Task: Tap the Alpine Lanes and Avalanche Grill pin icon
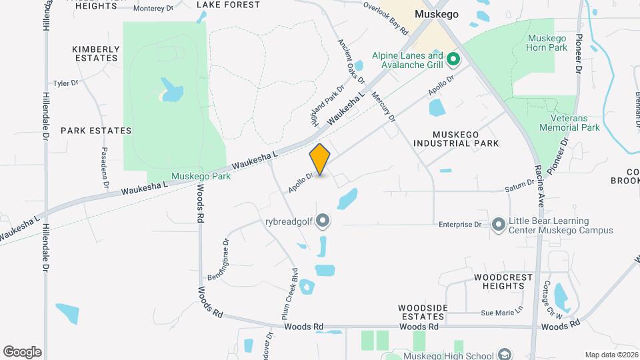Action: (453, 60)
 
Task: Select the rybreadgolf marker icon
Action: (323, 220)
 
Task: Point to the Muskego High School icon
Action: (505, 355)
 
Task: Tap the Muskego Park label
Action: (201, 177)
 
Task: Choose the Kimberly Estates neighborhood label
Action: (96, 53)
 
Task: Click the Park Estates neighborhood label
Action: (96, 131)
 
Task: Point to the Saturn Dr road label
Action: (519, 188)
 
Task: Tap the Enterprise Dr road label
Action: (459, 225)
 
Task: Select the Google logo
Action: (22, 352)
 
